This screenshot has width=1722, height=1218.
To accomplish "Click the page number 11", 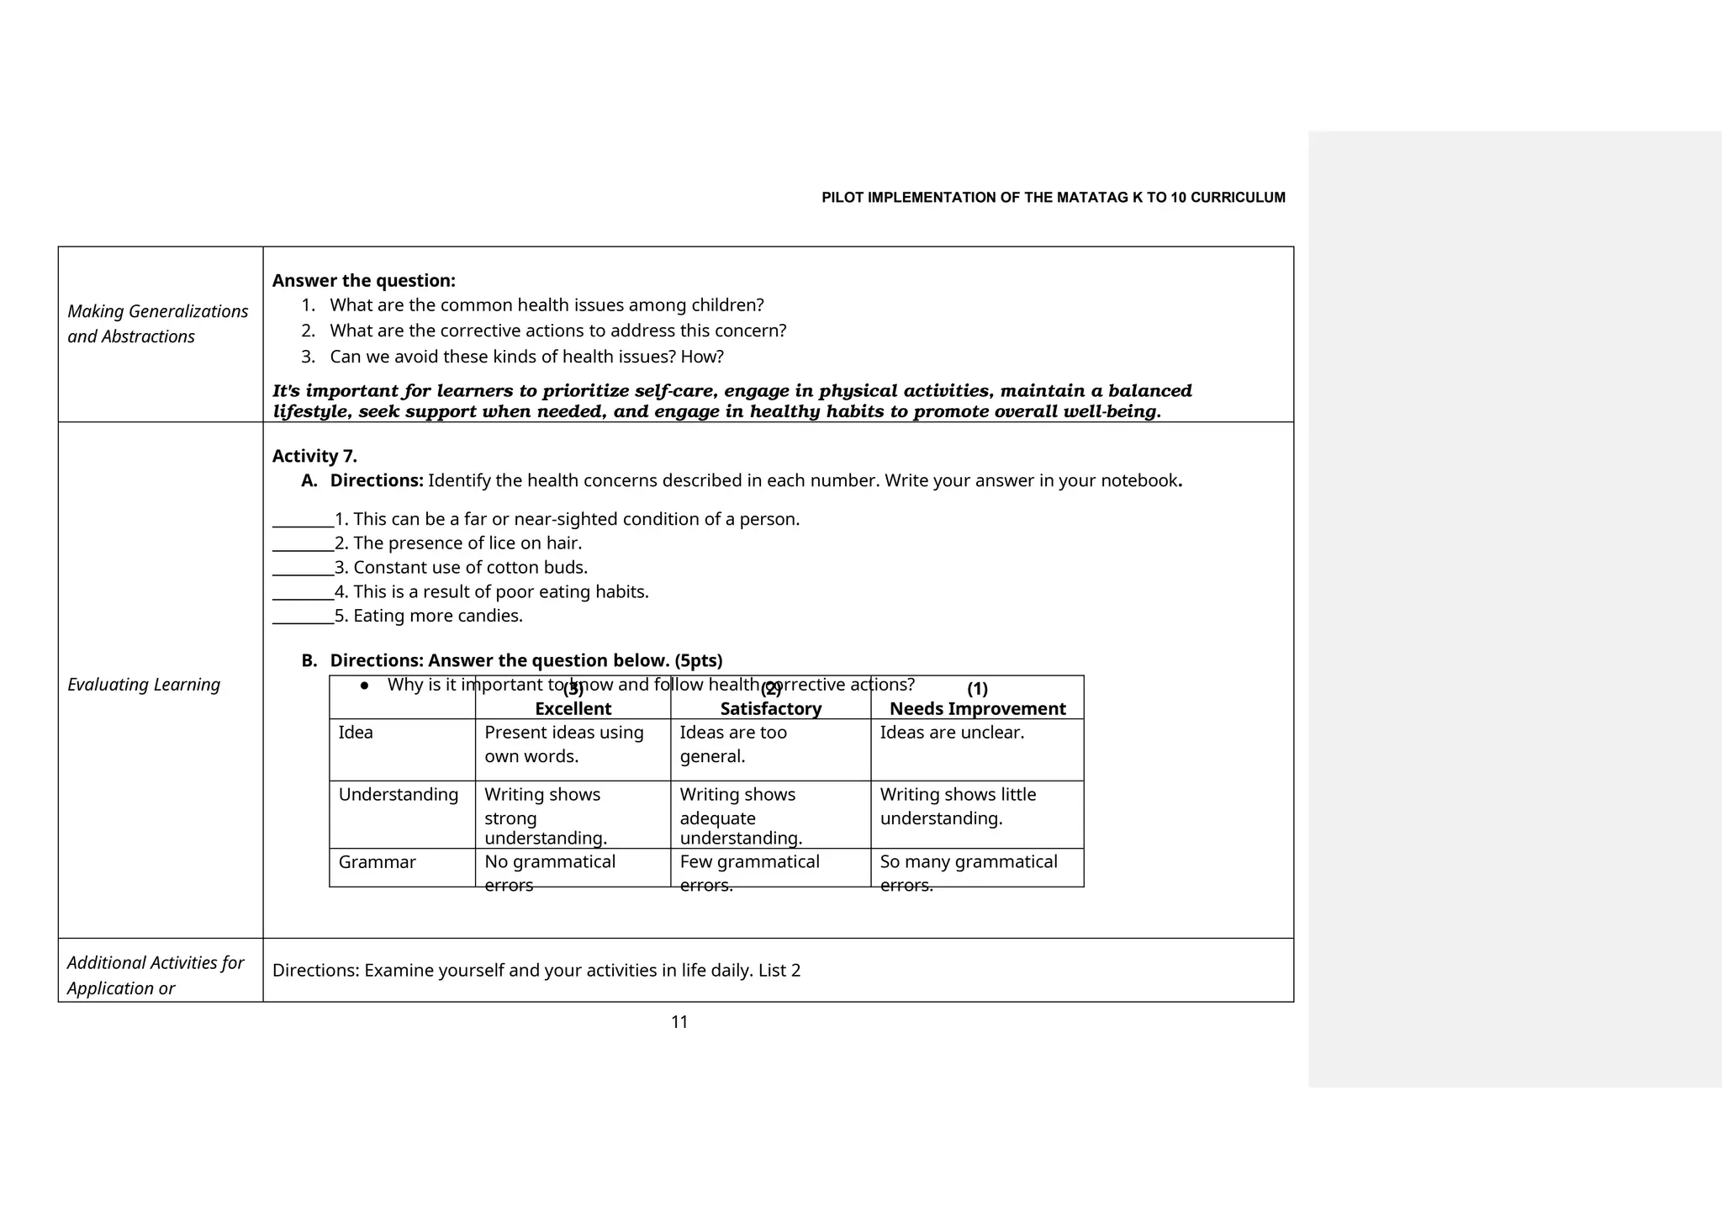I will pyautogui.click(x=679, y=1022).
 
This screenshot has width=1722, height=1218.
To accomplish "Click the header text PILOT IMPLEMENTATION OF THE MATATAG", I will pyautogui.click(x=1053, y=198).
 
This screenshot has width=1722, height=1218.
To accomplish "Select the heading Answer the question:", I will pyautogui.click(x=363, y=281).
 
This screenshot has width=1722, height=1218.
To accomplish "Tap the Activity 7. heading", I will pyautogui.click(x=314, y=456).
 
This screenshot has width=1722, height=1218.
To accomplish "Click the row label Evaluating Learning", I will pyautogui.click(x=144, y=685).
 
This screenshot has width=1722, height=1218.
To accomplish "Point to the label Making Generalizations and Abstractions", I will pyautogui.click(x=157, y=324).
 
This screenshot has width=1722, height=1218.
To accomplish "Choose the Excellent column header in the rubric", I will pyautogui.click(x=573, y=708).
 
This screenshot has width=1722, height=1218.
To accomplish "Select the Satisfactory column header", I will pyautogui.click(x=770, y=708).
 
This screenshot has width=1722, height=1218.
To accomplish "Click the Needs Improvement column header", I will pyautogui.click(x=977, y=708).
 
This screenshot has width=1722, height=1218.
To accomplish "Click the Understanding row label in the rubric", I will pyautogui.click(x=398, y=795).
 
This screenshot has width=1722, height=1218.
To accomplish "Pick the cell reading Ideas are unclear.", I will pyautogui.click(x=952, y=733).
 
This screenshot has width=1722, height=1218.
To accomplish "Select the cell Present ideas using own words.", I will pyautogui.click(x=563, y=744).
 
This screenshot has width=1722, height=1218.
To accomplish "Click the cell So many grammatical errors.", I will pyautogui.click(x=968, y=872).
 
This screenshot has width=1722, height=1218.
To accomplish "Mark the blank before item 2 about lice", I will pyautogui.click(x=303, y=543).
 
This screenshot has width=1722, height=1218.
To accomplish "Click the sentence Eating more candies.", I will pyautogui.click(x=437, y=616).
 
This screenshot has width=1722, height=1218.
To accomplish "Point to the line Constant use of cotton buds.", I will pyautogui.click(x=470, y=568).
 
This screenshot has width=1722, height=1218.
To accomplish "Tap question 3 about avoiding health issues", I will pyautogui.click(x=526, y=357).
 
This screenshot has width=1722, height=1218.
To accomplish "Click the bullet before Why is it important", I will pyautogui.click(x=364, y=686).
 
